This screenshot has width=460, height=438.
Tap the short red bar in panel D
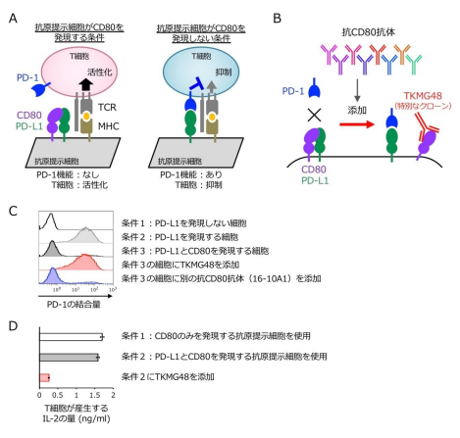coord(43,377)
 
